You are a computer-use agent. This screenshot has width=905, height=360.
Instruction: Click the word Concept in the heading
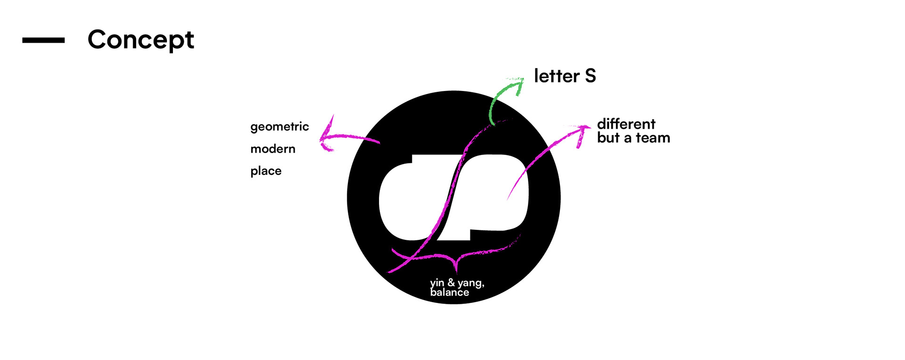click(x=140, y=40)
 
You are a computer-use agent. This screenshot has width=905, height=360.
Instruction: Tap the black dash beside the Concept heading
click(x=43, y=41)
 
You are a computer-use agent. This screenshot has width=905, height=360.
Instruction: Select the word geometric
click(x=280, y=127)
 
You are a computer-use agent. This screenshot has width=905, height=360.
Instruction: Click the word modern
click(x=273, y=149)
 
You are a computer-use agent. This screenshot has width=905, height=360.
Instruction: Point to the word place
click(x=266, y=171)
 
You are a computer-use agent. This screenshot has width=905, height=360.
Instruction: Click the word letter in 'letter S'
click(x=557, y=76)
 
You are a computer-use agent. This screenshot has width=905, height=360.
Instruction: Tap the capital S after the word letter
click(x=590, y=76)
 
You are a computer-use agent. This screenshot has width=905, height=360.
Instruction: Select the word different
click(x=626, y=124)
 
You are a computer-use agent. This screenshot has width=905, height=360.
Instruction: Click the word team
click(x=653, y=138)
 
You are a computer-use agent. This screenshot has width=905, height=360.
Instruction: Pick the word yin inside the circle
click(x=437, y=283)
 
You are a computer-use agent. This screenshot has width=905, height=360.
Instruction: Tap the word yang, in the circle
click(x=471, y=283)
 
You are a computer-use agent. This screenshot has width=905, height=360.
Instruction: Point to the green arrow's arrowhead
click(x=518, y=83)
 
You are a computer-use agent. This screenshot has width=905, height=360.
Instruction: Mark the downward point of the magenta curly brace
click(x=456, y=270)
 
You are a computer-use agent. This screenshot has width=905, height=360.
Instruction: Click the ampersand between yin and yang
click(x=451, y=282)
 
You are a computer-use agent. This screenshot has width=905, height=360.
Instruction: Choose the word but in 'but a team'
click(x=608, y=138)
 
